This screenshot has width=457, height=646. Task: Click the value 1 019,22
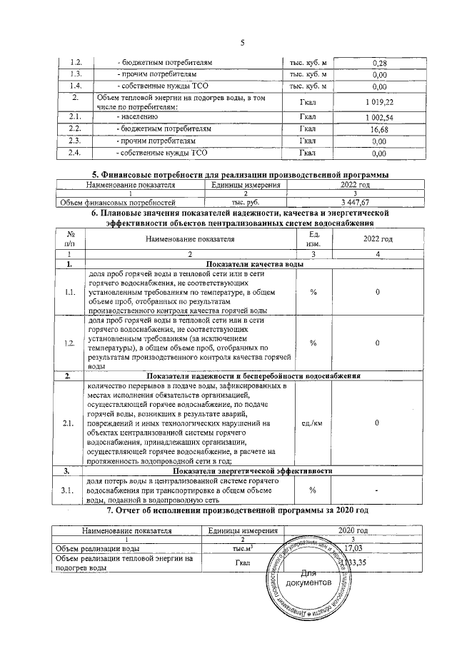[379, 102]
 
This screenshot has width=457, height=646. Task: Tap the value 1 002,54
[379, 116]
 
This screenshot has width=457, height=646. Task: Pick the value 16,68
[379, 129]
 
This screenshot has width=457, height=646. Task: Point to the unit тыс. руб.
[244, 203]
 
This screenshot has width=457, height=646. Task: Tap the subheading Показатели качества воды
[243, 265]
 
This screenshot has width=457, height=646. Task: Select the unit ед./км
[312, 423]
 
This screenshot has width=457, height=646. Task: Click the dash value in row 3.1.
[377, 490]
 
